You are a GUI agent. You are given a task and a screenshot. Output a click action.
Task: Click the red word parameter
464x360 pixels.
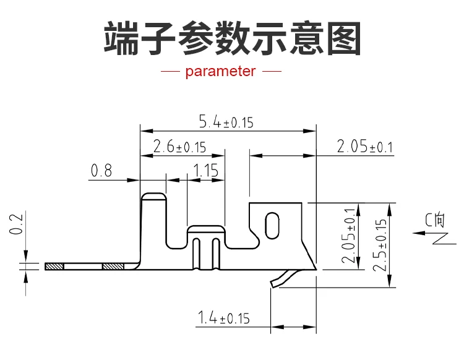(x=220, y=72)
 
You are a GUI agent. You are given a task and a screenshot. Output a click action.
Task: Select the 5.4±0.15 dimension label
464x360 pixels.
(x=226, y=122)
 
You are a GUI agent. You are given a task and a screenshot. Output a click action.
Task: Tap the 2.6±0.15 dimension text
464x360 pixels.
(x=179, y=147)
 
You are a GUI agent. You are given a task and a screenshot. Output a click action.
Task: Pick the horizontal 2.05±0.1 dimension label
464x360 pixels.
(x=365, y=147)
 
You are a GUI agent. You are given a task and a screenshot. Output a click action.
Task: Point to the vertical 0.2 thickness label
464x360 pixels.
(x=17, y=225)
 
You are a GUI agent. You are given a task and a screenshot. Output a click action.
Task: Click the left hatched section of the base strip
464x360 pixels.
(x=54, y=267)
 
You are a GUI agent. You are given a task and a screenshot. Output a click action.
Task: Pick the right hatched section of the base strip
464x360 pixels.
(x=113, y=267)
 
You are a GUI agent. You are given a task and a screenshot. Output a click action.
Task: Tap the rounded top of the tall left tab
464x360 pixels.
(x=153, y=197)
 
